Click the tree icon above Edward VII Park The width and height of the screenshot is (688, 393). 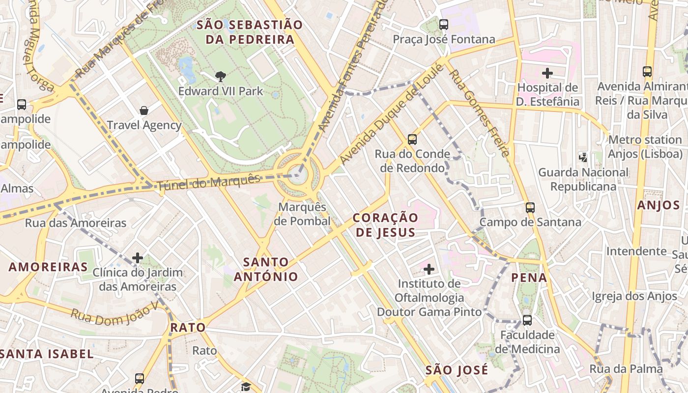click(x=221, y=76)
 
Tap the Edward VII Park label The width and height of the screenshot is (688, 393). click(x=221, y=91)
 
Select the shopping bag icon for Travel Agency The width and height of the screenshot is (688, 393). click(x=144, y=111)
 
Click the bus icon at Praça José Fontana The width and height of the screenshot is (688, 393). click(x=444, y=24)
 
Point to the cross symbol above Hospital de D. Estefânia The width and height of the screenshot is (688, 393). click(x=547, y=74)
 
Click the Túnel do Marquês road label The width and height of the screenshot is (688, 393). click(x=208, y=182)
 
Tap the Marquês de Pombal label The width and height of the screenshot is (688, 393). click(x=302, y=214)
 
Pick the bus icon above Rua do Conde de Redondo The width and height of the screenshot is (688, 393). click(x=412, y=140)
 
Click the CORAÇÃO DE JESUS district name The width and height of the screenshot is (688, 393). click(x=386, y=225)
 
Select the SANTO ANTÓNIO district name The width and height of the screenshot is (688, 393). click(x=266, y=269)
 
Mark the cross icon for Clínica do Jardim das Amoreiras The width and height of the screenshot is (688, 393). click(x=138, y=258)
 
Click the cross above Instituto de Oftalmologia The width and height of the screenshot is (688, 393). click(x=429, y=269)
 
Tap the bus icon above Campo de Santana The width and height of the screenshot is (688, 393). click(x=530, y=207)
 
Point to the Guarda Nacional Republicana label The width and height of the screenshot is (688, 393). click(x=583, y=179)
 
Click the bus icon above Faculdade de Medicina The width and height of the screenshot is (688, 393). click(x=527, y=320)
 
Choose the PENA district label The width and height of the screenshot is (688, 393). click(x=529, y=278)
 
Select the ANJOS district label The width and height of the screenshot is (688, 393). click(x=659, y=205)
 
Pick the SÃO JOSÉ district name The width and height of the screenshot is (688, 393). click(x=457, y=370)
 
